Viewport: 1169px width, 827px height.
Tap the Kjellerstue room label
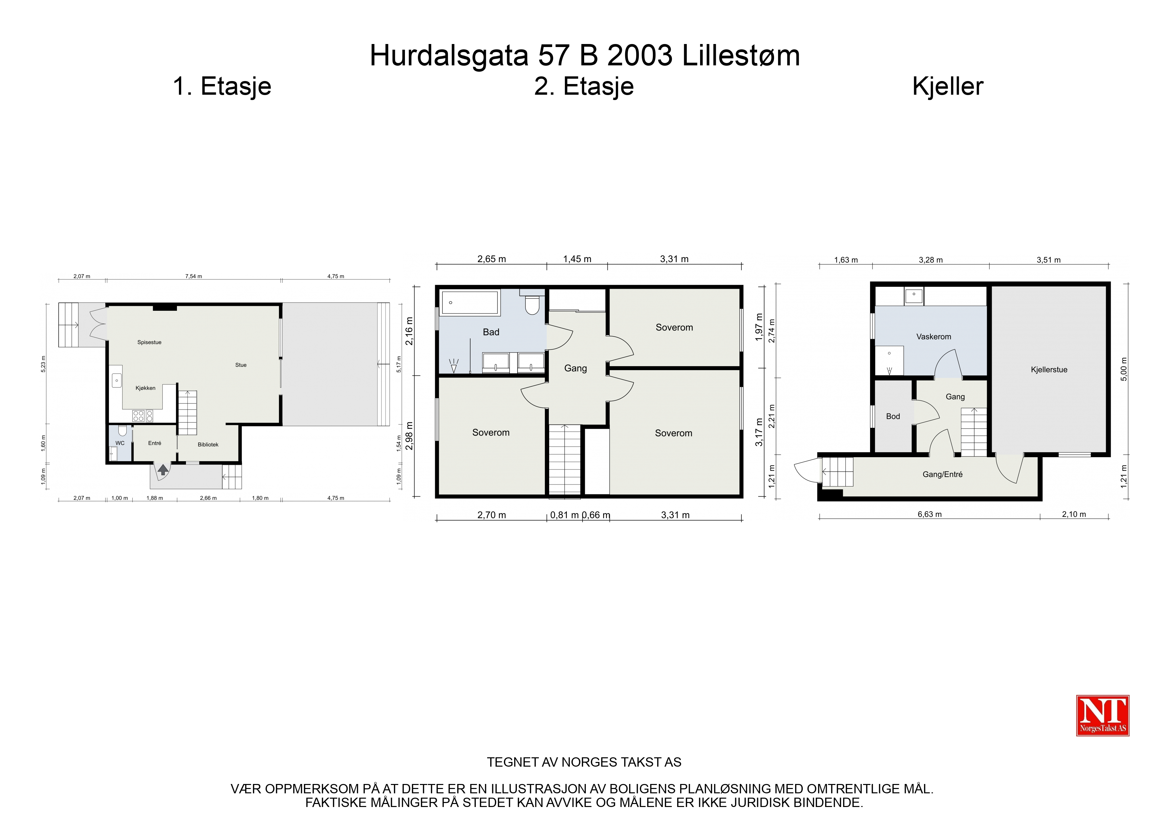pos(1049,370)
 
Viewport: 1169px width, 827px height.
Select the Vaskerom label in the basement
pos(933,337)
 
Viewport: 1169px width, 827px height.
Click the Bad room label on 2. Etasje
pos(491,332)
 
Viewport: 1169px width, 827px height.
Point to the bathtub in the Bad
pos(470,303)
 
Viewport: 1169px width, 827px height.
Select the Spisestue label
pos(149,342)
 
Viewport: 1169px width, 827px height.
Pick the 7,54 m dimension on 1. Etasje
pos(194,276)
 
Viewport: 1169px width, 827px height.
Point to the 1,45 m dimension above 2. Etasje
pos(577,259)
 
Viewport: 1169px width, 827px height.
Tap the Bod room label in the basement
pos(893,416)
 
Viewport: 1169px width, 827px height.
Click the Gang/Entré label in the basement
pos(942,475)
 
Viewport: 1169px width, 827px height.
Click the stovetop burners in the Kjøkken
pos(143,416)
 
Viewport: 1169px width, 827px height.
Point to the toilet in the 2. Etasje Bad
pos(532,304)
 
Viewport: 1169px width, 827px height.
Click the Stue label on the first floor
pos(241,365)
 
